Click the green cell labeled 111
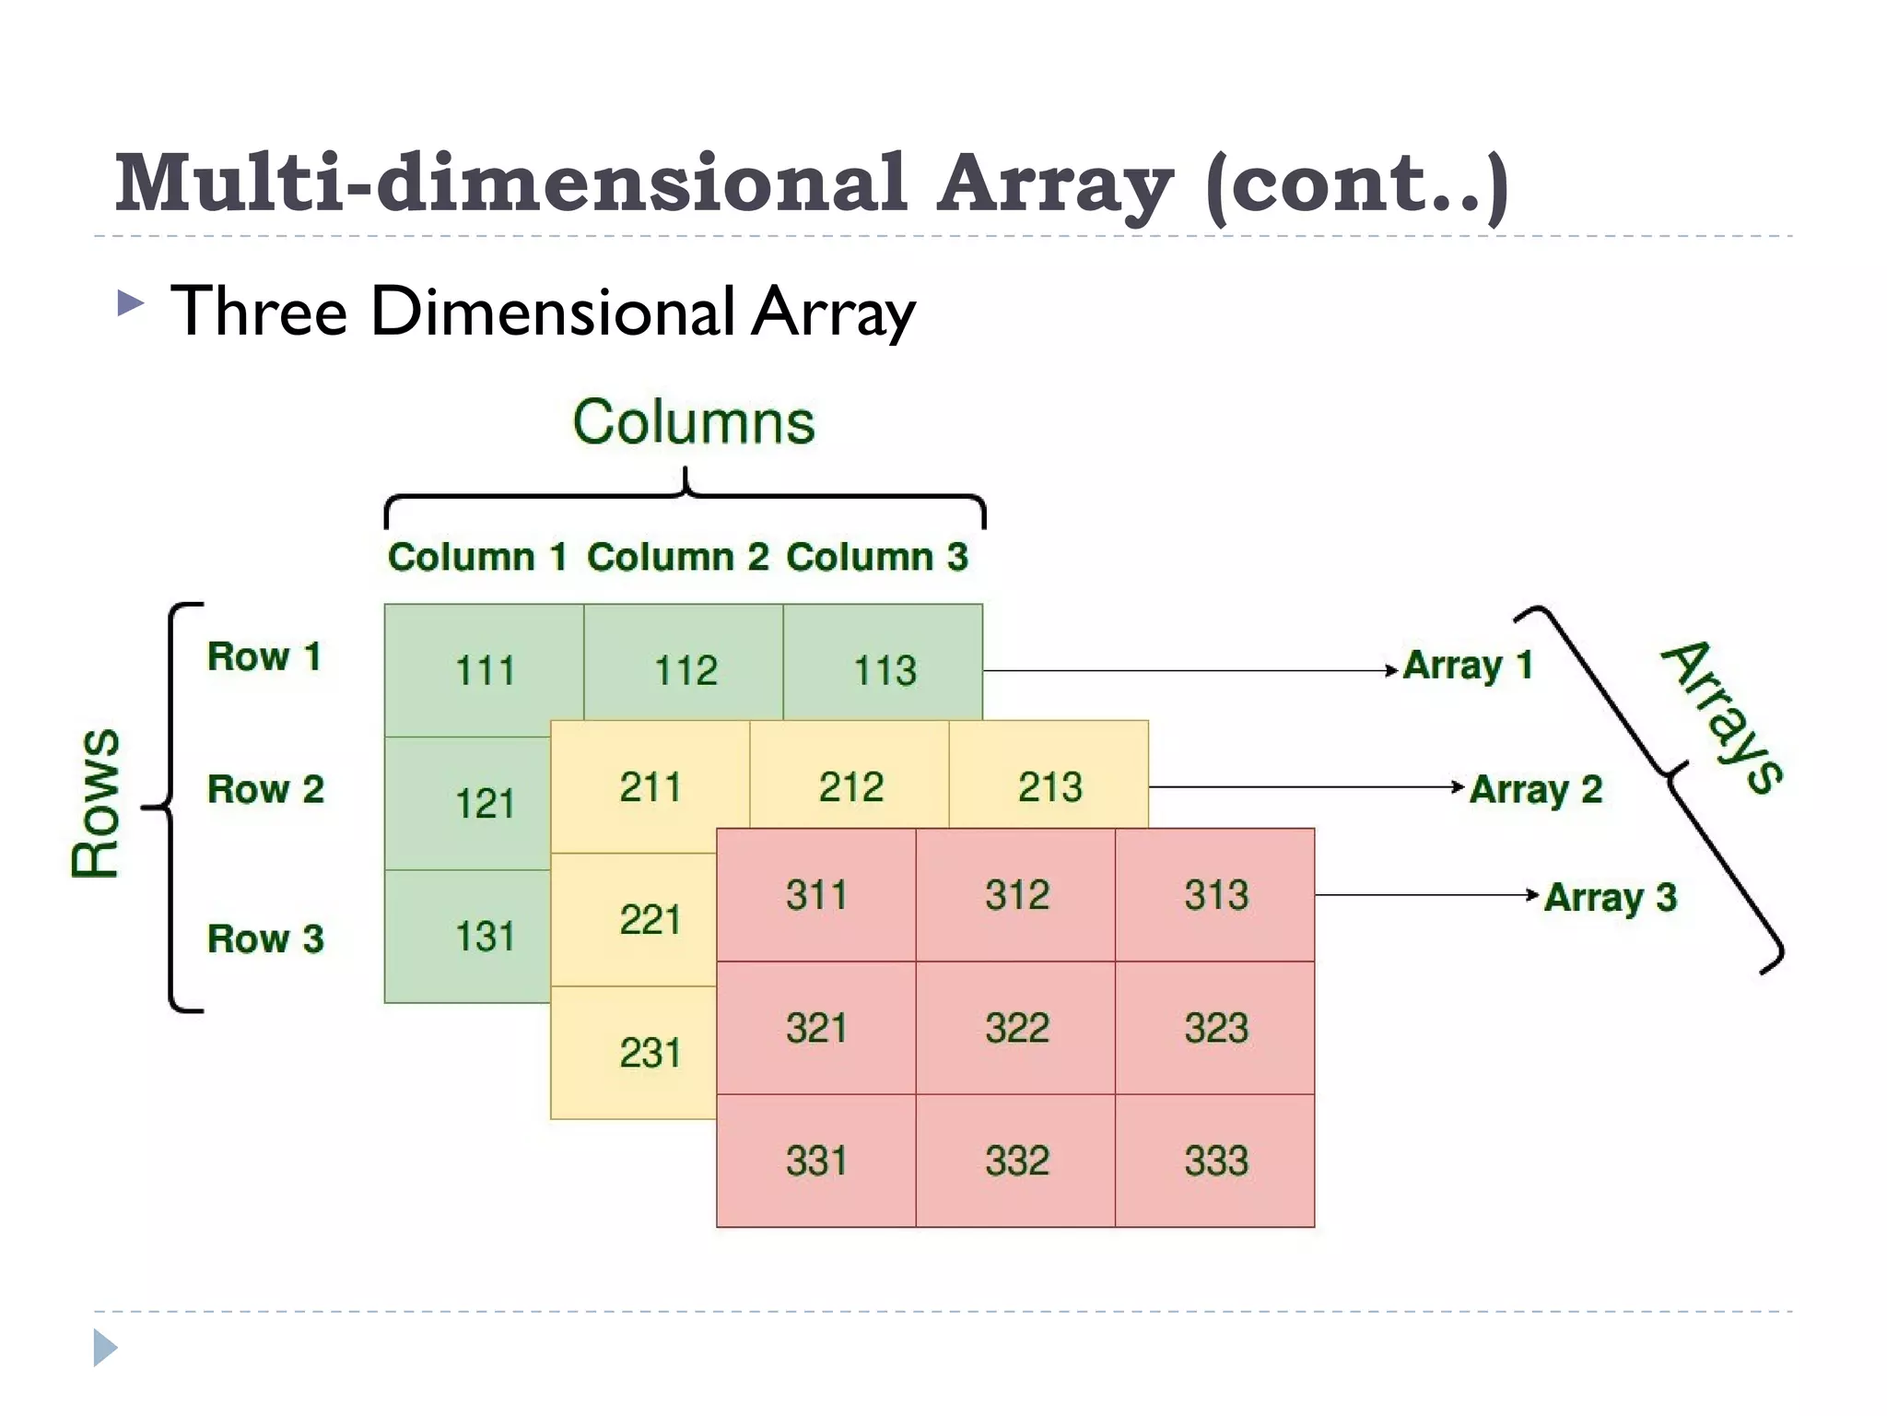coord(484,670)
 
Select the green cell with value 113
coord(884,670)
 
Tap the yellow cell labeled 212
coord(850,787)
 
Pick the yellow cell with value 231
coord(649,1053)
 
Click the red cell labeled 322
coord(1016,1028)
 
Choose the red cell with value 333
coord(1215,1161)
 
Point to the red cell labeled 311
coord(815,895)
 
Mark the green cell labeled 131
coord(484,937)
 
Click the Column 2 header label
coord(677,557)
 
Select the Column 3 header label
coord(876,557)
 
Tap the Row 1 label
coord(264,656)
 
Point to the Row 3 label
coord(265,938)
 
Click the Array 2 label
coord(1535,789)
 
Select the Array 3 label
coord(1610,897)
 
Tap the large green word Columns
coord(694,422)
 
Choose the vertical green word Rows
coord(96,803)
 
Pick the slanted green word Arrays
coord(1721,716)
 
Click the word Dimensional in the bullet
coord(552,311)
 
